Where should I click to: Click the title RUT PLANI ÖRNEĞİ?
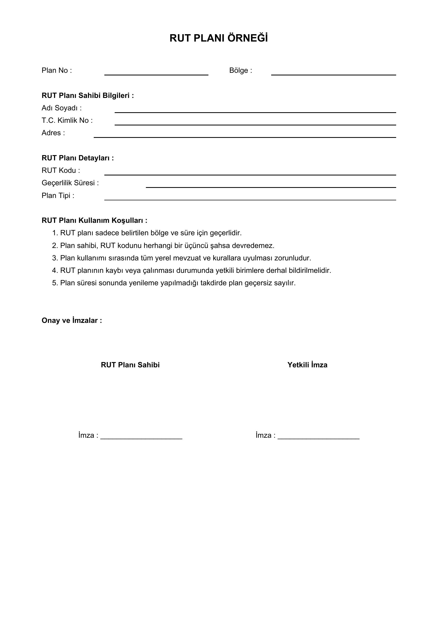click(x=218, y=38)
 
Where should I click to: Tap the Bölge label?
click(x=240, y=70)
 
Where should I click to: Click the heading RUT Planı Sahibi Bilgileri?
click(x=88, y=96)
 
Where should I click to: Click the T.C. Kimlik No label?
click(x=67, y=120)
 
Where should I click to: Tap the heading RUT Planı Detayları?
click(x=78, y=158)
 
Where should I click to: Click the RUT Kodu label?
click(x=61, y=170)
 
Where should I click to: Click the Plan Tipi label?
click(x=58, y=196)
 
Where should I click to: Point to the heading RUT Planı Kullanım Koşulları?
click(x=94, y=220)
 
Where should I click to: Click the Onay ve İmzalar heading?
click(x=72, y=320)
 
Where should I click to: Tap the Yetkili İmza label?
click(x=307, y=365)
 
